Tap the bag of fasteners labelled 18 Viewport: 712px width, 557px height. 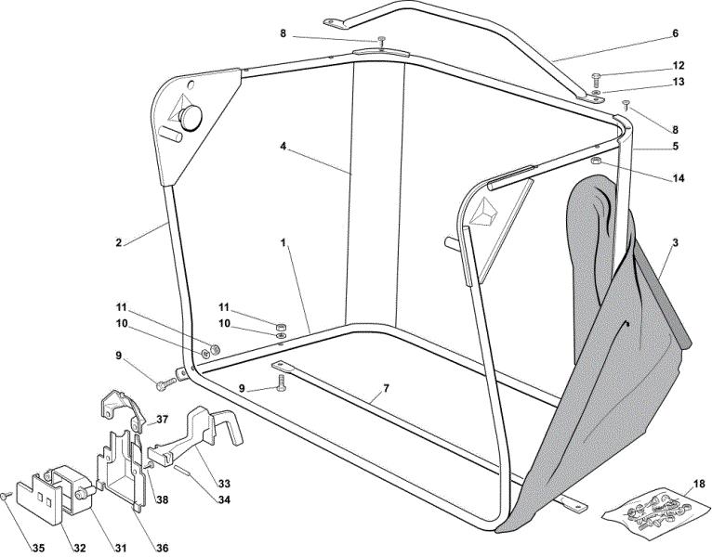click(655, 512)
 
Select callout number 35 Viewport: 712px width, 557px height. click(39, 548)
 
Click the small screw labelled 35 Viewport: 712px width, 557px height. click(6, 497)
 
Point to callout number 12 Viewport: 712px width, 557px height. click(679, 66)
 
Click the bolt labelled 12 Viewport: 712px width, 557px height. click(597, 80)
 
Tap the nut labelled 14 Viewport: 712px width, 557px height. click(596, 161)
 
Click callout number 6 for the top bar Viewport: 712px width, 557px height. click(675, 33)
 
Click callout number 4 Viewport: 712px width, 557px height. click(283, 147)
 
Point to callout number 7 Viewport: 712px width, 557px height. click(386, 388)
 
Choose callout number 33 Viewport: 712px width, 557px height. click(224, 484)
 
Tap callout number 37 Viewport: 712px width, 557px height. click(162, 420)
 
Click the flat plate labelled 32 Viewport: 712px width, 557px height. click(39, 502)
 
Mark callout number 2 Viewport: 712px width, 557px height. click(119, 242)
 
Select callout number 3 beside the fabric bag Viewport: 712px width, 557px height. click(675, 242)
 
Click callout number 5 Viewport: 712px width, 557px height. click(676, 147)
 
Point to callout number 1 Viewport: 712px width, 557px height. click(283, 242)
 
